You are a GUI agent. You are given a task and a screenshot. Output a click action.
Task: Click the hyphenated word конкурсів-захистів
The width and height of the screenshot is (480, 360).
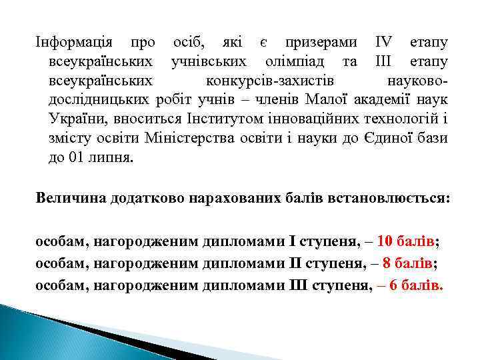(x=270, y=82)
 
